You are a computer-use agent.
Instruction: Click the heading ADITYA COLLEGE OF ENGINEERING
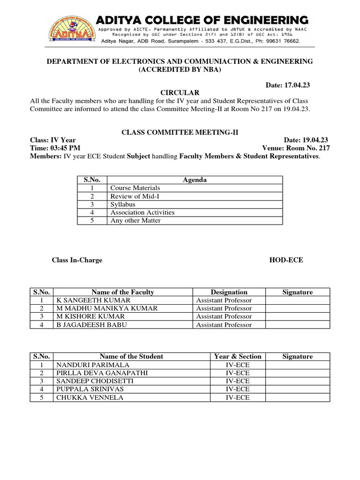coord(202,20)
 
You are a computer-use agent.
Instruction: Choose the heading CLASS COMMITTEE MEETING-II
coord(180,133)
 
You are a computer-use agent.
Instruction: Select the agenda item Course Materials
coord(135,188)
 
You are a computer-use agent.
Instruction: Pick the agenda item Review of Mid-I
coord(132,196)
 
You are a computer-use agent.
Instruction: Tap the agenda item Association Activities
coord(142,212)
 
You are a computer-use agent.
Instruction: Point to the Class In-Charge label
coord(77,260)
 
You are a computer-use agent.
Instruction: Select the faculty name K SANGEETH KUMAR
coord(93,300)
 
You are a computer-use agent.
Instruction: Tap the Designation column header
coord(229,292)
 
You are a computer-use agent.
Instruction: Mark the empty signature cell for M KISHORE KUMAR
coord(297,316)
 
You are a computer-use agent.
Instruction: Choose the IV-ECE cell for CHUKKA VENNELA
coord(238,397)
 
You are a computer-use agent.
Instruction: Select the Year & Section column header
coord(238,356)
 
